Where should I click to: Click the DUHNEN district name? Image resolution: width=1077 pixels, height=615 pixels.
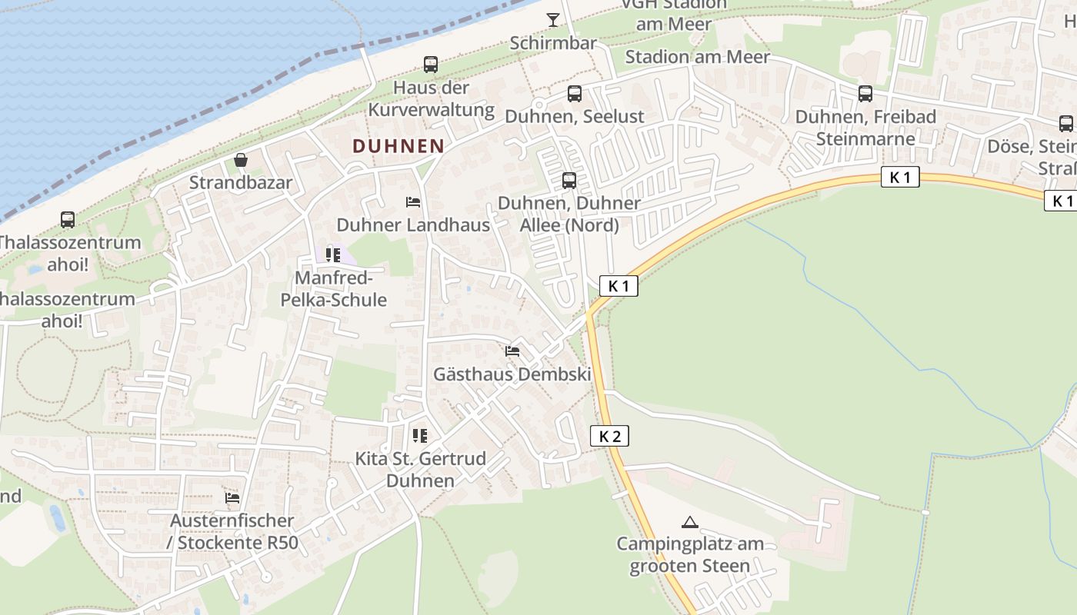click(x=398, y=145)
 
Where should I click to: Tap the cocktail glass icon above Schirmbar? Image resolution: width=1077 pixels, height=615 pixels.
click(x=553, y=20)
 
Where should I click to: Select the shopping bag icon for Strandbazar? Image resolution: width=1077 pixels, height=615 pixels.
click(x=241, y=160)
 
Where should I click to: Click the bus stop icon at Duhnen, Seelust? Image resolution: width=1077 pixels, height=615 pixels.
click(x=575, y=94)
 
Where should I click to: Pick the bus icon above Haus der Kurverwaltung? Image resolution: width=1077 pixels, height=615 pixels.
click(x=431, y=65)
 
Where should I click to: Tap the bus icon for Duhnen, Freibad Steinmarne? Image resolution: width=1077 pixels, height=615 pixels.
click(x=865, y=94)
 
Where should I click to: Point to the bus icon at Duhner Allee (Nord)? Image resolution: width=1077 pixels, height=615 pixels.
click(x=569, y=181)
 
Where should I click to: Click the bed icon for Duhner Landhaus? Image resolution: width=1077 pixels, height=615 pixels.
click(x=413, y=202)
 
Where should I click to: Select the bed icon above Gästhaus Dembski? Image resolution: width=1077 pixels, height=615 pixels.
click(x=512, y=351)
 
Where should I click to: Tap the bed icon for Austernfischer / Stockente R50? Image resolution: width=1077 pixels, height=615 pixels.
click(x=232, y=498)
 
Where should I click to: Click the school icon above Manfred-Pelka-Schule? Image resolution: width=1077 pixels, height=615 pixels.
click(x=333, y=254)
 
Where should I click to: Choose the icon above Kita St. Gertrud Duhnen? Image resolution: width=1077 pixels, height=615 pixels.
click(x=420, y=436)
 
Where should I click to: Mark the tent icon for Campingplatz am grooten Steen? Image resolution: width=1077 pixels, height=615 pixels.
click(x=690, y=522)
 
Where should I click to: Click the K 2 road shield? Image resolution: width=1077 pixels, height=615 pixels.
click(x=609, y=436)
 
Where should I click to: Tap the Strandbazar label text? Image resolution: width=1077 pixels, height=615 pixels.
click(x=241, y=182)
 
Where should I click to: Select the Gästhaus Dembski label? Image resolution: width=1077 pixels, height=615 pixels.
click(x=512, y=374)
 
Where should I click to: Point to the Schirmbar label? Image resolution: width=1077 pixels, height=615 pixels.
click(x=553, y=43)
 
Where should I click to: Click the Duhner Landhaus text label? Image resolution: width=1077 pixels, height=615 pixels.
click(x=413, y=225)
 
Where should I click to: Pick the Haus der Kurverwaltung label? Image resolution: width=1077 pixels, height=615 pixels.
click(x=431, y=98)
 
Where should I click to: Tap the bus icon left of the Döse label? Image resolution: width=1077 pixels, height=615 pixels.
click(x=1066, y=123)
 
